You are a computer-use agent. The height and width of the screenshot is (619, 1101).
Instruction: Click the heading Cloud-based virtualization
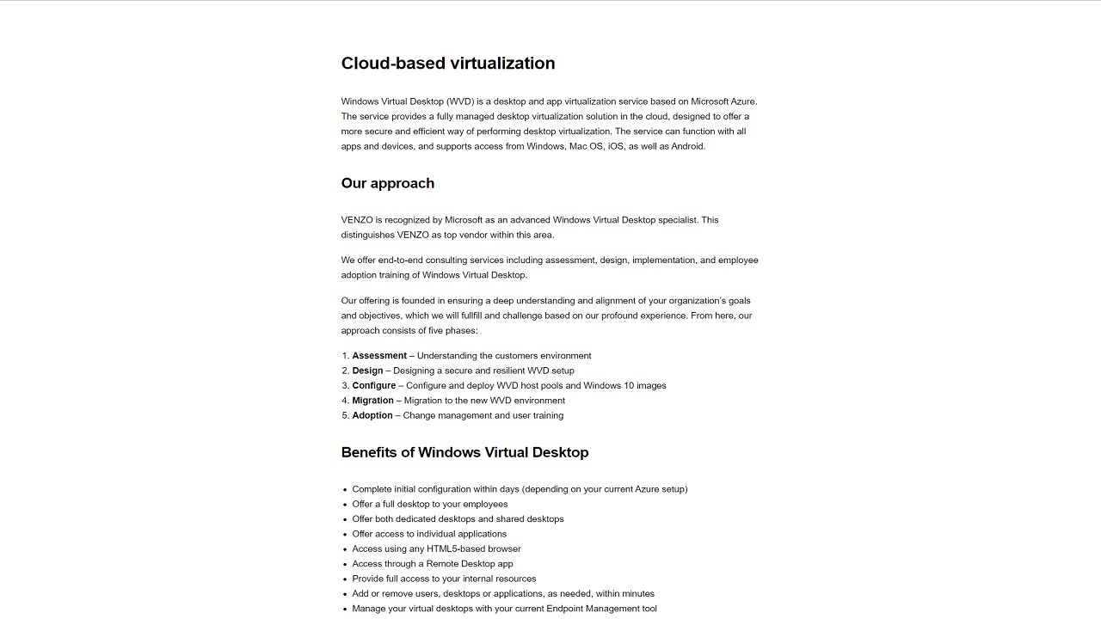coord(447,64)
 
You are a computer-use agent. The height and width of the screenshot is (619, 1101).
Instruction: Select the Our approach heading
coord(387,183)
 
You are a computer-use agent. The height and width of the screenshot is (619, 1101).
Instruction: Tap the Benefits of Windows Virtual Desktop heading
coord(464,452)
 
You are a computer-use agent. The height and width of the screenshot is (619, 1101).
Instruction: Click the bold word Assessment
coord(379,356)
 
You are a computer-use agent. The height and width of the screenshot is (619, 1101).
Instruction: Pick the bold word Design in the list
coord(367,371)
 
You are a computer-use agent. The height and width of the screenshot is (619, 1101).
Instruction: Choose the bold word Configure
coord(373,386)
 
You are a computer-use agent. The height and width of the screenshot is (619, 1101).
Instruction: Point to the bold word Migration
coord(372,401)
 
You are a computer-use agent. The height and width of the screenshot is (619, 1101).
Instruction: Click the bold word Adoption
coord(372,415)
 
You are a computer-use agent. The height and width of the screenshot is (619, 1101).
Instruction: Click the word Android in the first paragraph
coord(687,146)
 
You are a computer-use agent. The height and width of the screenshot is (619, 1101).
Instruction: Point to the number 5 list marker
coord(345,415)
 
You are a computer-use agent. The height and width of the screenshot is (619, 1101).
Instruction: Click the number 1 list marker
coord(345,356)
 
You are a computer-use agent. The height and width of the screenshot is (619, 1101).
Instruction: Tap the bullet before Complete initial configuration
coord(345,489)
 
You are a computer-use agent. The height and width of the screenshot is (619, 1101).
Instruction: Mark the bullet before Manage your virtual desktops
coord(345,609)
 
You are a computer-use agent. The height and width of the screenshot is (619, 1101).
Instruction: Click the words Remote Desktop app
coord(470,564)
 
